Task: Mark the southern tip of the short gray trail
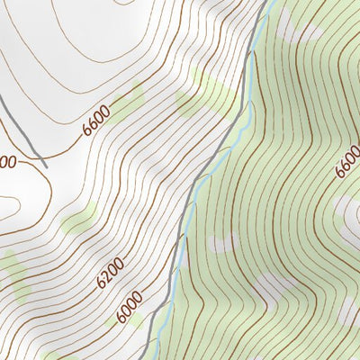(x=44, y=166)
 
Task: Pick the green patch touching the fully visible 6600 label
(x=130, y=99)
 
